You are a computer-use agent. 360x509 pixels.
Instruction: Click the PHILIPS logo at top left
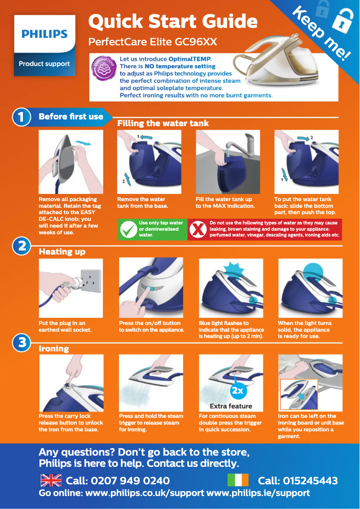(x=44, y=34)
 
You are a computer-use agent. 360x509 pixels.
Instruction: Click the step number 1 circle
(x=22, y=117)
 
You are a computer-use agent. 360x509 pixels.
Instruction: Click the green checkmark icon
(x=128, y=229)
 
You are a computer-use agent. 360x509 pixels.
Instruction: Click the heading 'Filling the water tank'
(x=162, y=123)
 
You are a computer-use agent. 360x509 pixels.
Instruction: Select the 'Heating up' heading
(x=62, y=252)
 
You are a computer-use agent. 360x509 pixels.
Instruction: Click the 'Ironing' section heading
(x=54, y=348)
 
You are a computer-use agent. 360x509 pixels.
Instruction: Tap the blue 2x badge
(x=237, y=391)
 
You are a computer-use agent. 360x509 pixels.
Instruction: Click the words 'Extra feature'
(x=231, y=406)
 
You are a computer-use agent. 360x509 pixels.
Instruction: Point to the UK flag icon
(x=51, y=480)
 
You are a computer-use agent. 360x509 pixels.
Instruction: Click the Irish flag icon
(x=237, y=480)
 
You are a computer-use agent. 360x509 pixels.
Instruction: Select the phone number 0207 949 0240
(x=130, y=481)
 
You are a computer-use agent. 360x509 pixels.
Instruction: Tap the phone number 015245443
(x=309, y=481)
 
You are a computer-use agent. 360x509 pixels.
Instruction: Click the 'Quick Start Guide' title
(x=173, y=21)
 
